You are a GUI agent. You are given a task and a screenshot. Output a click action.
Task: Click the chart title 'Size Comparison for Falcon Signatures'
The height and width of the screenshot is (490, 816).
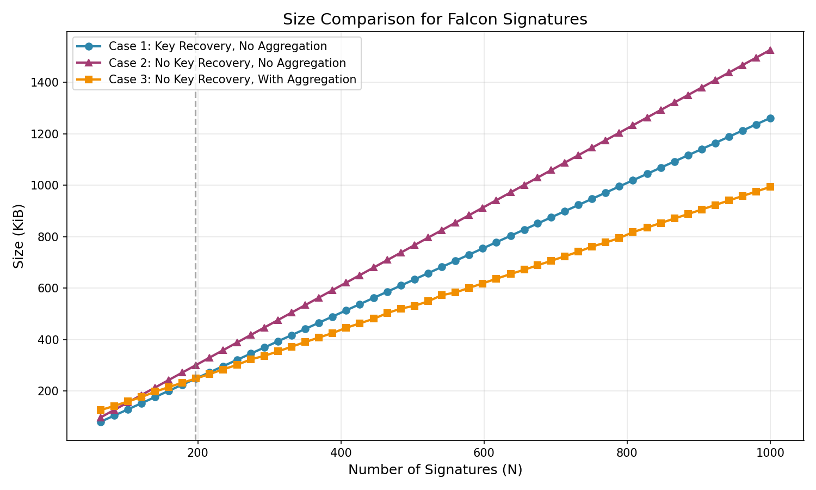[435, 20]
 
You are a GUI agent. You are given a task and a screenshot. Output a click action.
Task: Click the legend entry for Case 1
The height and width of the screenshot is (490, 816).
[218, 46]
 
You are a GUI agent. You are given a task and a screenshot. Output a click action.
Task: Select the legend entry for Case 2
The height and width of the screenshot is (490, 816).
[227, 63]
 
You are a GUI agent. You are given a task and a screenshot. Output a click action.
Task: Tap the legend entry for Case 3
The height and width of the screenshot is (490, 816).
[232, 79]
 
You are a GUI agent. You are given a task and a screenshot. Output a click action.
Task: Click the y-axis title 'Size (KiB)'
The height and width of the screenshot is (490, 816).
[19, 236]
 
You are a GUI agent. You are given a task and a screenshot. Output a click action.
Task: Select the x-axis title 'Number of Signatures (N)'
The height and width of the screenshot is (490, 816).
[435, 470]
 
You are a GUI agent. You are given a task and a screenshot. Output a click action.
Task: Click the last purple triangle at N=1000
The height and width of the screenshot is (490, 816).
[770, 50]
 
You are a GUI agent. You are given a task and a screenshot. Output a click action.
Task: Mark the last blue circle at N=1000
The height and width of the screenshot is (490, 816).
[770, 118]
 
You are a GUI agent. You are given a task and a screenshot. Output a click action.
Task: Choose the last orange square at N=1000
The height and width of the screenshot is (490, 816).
[770, 187]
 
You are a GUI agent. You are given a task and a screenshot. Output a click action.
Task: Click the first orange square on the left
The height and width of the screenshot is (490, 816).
[101, 410]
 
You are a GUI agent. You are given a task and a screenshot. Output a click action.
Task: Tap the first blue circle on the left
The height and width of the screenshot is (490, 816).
[101, 421]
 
